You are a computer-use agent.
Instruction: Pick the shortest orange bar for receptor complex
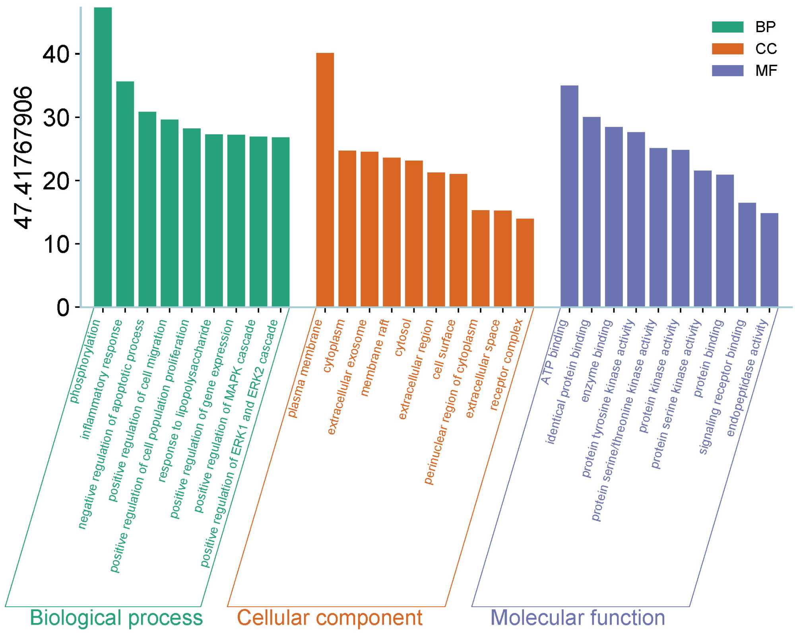(x=525, y=263)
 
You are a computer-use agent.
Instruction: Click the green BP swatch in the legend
(x=727, y=27)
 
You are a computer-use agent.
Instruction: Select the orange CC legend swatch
(x=727, y=49)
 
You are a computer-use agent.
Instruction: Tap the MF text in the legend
(x=766, y=71)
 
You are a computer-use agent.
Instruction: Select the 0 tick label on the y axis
(x=63, y=307)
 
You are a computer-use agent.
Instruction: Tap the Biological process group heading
(x=116, y=618)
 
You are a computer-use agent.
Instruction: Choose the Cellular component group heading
(x=330, y=618)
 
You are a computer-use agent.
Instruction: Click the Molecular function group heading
(x=578, y=618)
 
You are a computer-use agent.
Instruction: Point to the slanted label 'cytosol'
(x=402, y=337)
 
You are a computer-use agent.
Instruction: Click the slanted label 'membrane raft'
(x=374, y=358)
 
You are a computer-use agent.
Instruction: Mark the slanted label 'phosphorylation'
(x=85, y=361)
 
